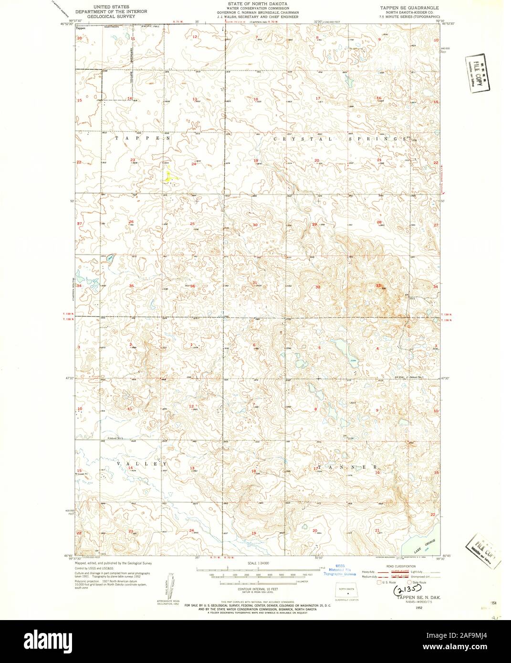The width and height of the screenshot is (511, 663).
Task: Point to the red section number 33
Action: pyautogui.click(x=378, y=286)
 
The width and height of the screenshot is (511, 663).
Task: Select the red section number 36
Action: pyautogui.click(x=193, y=286)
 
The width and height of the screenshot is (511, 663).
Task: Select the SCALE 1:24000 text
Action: pyautogui.click(x=257, y=563)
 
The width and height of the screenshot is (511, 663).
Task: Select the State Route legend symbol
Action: pyautogui.click(x=409, y=582)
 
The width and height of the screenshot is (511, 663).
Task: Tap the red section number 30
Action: pyautogui.click(x=255, y=225)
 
